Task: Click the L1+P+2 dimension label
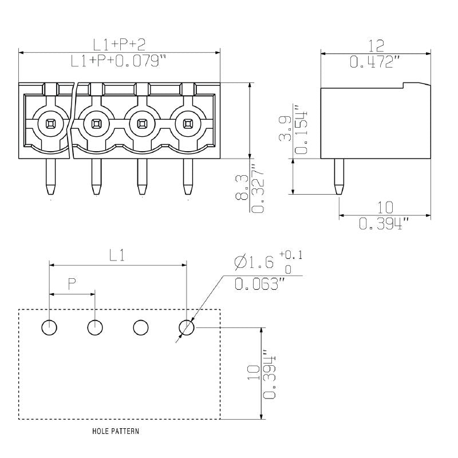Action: click(x=120, y=45)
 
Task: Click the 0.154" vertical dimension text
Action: click(x=300, y=130)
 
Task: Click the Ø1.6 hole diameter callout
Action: click(x=254, y=262)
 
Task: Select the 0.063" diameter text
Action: click(x=260, y=283)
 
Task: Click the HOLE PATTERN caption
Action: click(x=115, y=431)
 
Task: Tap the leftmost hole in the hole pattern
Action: click(x=49, y=327)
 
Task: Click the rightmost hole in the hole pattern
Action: click(x=187, y=327)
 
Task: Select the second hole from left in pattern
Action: click(x=95, y=327)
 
